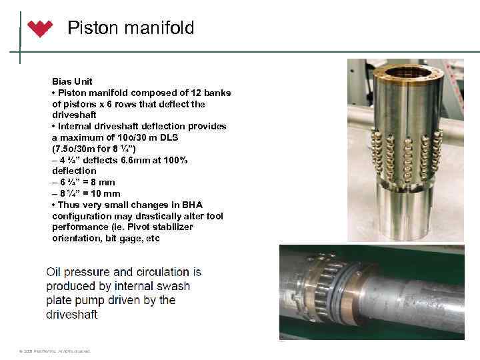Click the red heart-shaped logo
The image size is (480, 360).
click(39, 29)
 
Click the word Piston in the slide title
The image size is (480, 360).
click(91, 28)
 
